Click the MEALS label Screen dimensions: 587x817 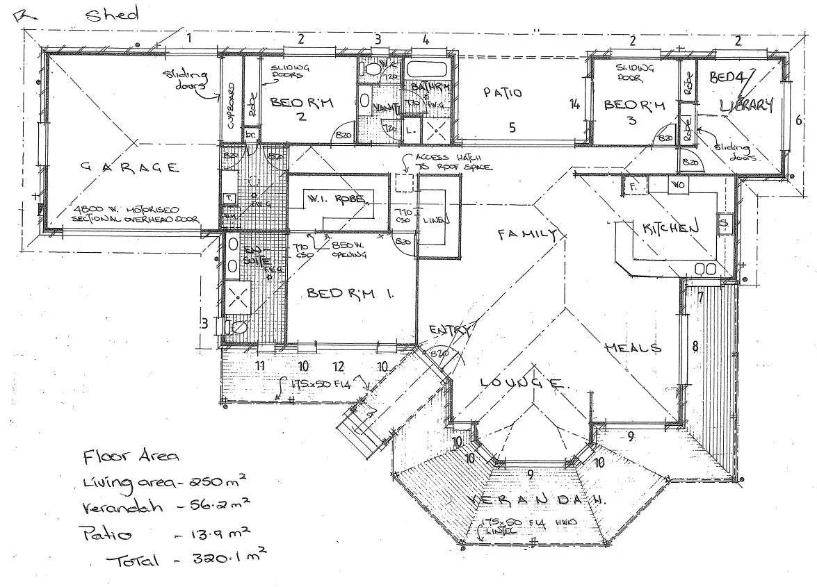632,347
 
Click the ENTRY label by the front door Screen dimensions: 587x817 451,329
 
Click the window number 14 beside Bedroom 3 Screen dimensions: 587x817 574,105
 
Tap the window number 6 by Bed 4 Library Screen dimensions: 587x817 799,119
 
